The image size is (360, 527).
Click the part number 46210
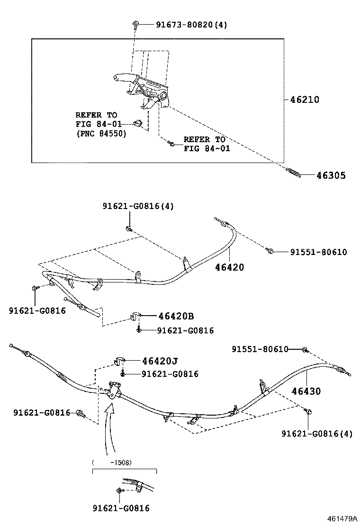coord(305,100)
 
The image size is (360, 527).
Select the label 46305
coord(331,175)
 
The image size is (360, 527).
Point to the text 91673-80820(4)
coord(191,25)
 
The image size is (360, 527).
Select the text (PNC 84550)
coord(101,134)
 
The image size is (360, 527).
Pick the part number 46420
coord(230,268)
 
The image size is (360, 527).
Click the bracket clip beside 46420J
coord(118,361)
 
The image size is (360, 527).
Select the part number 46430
coord(306,391)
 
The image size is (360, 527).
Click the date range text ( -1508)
coord(112,463)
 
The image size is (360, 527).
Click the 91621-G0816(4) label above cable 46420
coord(139,206)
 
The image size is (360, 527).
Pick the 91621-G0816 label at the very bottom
coord(121,508)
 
